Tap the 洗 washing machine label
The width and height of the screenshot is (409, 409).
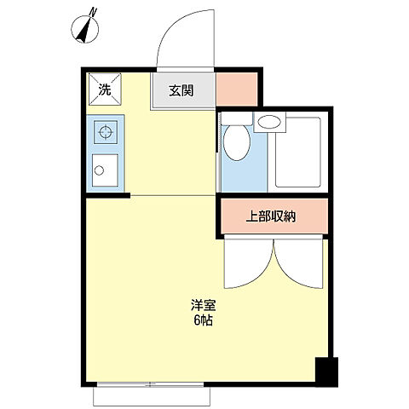click(x=103, y=89)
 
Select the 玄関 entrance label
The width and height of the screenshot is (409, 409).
click(x=180, y=90)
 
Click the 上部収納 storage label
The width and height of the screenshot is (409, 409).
click(x=271, y=216)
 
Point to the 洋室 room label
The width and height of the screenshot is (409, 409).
click(x=202, y=304)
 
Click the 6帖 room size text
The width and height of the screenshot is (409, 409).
click(x=202, y=320)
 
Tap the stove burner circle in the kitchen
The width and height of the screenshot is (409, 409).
click(x=107, y=132)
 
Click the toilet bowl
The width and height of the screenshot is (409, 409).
click(x=237, y=144)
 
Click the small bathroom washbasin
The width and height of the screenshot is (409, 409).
click(x=271, y=123)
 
